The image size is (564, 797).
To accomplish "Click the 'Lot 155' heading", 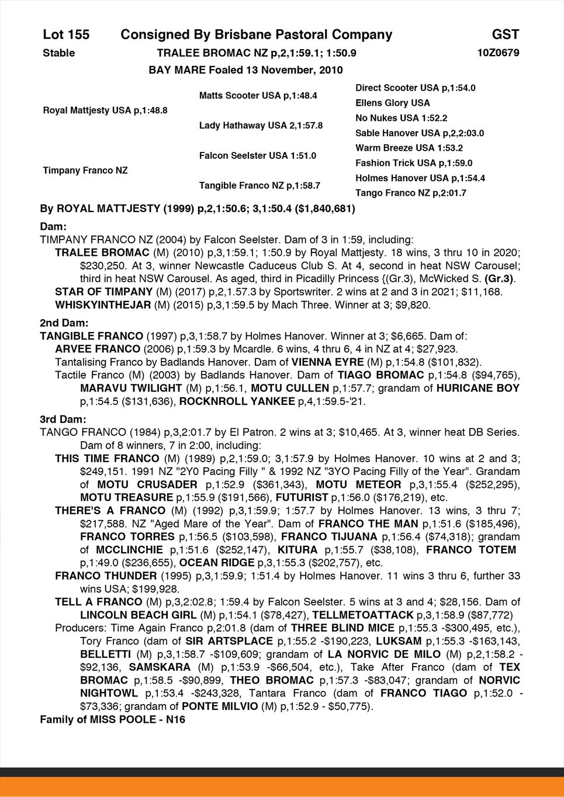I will [x=66, y=35].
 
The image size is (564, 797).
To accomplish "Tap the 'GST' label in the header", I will [x=505, y=35].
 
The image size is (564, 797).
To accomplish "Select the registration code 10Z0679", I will [x=498, y=53].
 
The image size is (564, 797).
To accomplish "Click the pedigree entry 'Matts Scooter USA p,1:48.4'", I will [x=258, y=95].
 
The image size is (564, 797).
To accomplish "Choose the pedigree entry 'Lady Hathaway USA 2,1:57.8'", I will [x=261, y=125].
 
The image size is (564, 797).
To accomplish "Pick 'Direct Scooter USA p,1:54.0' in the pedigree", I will [x=415, y=88].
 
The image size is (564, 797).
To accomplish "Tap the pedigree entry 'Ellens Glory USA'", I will [x=392, y=103].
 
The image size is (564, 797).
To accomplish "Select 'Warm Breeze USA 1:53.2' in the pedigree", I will [x=409, y=148].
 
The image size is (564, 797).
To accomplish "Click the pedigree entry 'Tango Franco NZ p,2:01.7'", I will [x=410, y=193].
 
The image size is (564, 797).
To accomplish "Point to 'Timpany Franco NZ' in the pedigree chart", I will [x=85, y=171].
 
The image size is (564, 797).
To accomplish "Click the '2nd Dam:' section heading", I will [x=64, y=323].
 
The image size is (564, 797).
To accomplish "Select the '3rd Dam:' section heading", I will [x=63, y=420].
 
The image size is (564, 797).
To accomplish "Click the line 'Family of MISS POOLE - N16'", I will [x=112, y=719].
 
